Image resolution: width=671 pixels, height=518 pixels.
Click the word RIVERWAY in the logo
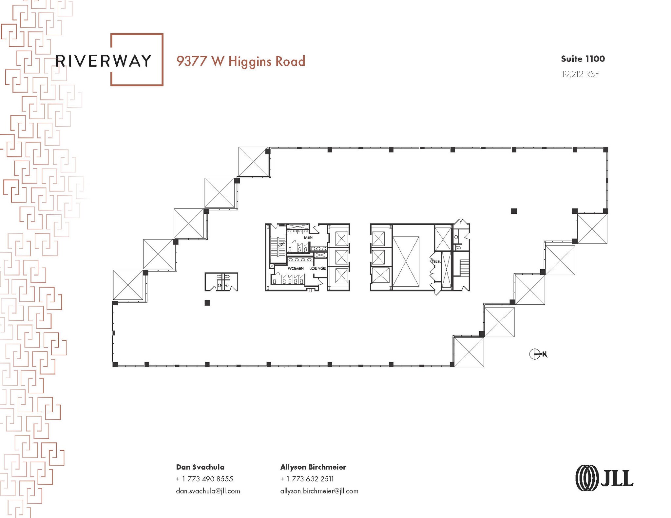[104, 61]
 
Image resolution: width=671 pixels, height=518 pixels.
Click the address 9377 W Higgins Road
[241, 62]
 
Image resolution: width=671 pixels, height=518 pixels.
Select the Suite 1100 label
[583, 59]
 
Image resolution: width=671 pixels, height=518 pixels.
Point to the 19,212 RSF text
[580, 74]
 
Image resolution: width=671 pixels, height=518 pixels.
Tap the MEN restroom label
[308, 237]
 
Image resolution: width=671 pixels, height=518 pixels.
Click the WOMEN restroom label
[296, 268]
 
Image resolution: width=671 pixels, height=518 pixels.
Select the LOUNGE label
[318, 268]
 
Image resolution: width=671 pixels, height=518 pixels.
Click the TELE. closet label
[436, 261]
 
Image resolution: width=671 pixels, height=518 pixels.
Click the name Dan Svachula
[200, 467]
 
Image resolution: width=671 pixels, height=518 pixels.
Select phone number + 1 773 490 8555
[204, 479]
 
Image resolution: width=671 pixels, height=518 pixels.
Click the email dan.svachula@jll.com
[208, 491]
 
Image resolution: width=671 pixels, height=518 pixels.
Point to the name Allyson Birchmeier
[313, 467]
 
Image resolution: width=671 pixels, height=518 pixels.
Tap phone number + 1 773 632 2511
[307, 479]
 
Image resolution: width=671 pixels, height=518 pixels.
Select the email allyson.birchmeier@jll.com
[319, 491]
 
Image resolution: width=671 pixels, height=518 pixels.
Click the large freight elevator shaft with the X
[406, 262]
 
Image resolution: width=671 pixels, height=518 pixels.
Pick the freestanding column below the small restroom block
[207, 303]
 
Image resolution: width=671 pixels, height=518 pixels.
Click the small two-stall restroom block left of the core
[221, 282]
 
